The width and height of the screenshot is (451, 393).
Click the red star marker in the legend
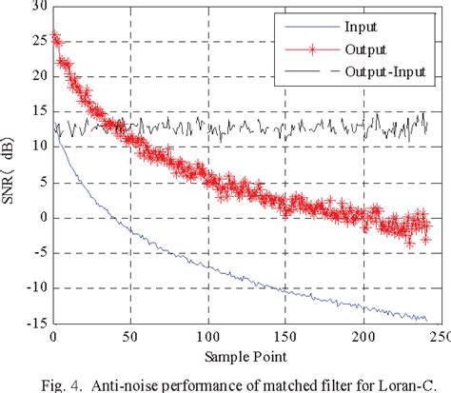click(299, 46)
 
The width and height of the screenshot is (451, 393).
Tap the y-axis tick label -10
click(33, 287)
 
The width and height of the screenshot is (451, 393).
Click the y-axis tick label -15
click(33, 323)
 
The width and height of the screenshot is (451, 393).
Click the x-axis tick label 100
click(204, 338)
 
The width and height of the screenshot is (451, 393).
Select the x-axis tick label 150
click(281, 338)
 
